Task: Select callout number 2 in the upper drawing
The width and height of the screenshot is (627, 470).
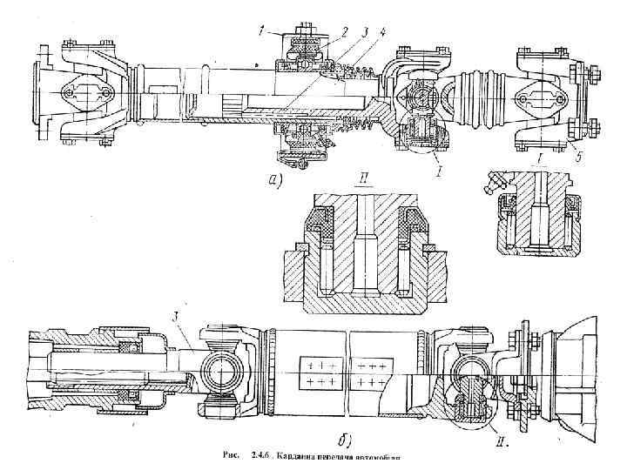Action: (x=345, y=31)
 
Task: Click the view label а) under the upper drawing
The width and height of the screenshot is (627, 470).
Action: (x=276, y=179)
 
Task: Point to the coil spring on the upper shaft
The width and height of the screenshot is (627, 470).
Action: (x=359, y=131)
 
